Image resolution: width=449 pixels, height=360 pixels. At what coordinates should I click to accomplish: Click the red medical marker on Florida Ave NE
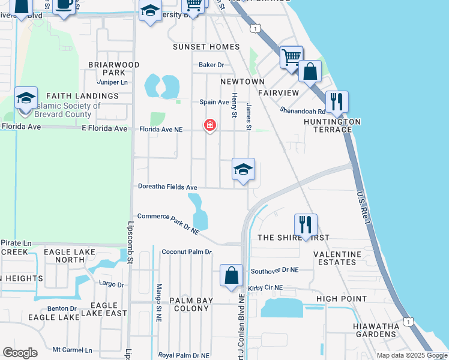pos(210,125)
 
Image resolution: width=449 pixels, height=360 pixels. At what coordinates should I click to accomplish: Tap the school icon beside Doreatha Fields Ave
pos(244,170)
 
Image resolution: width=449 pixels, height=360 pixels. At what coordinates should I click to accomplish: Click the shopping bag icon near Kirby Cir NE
pos(231,276)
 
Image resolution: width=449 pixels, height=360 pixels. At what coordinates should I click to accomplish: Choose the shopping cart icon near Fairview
pos(291,58)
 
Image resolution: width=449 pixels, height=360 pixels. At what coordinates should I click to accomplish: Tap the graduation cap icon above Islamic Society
pos(26,98)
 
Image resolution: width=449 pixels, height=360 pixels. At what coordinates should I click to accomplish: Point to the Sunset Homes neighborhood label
pos(206,47)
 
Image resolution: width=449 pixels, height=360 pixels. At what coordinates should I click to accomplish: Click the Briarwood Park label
pos(113,68)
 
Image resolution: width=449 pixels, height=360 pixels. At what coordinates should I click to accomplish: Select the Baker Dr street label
pos(211,65)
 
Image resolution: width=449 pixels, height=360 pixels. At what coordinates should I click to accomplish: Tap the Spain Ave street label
pos(214,102)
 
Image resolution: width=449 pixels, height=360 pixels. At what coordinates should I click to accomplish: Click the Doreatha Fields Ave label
pos(167,188)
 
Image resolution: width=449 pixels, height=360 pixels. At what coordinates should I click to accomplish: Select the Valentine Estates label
pos(337,258)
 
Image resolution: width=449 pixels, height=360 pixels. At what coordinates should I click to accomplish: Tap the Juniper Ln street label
pos(112,82)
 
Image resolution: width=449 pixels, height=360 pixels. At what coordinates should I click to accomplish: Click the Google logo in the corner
pos(20,353)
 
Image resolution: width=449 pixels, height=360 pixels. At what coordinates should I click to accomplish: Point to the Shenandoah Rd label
pos(303,110)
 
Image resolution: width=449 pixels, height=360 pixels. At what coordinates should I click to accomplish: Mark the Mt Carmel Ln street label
pos(73,350)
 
